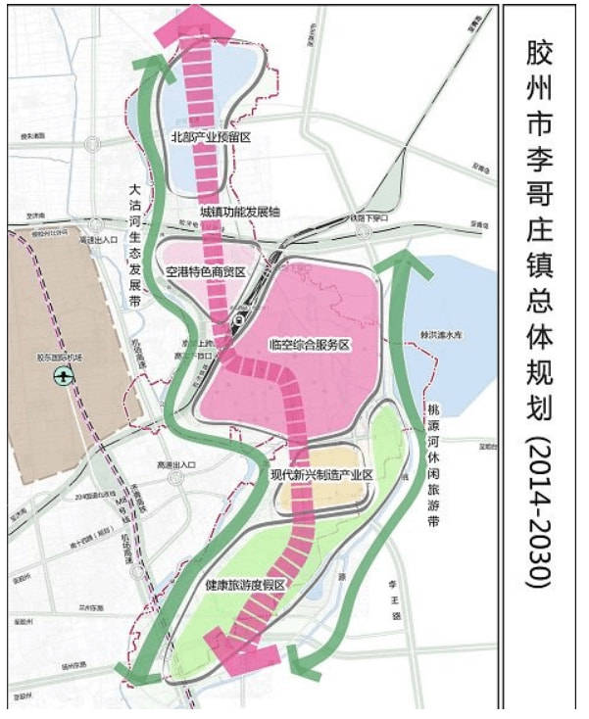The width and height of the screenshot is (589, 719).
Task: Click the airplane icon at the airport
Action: pos(63,375)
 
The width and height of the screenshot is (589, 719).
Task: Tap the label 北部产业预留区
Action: pos(212,137)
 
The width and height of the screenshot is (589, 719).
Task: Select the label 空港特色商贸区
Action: pos(205,271)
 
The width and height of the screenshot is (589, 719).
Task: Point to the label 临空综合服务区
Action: pos(309,345)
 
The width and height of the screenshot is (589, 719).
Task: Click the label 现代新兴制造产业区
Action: pos(322,474)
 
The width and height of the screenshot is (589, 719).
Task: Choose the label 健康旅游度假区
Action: pos(245,585)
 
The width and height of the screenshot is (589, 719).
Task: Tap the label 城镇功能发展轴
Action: pos(240,211)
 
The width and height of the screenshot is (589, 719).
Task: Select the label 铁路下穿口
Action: pos(368,217)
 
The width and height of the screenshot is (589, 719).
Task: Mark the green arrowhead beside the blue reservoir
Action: pos(402,259)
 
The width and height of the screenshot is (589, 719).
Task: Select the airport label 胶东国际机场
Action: pos(63,359)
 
